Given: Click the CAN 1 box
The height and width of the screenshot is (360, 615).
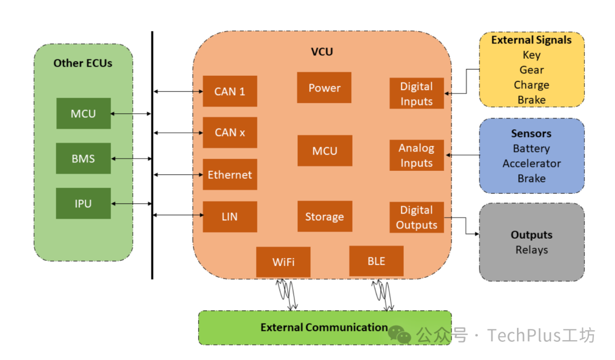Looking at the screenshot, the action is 230,91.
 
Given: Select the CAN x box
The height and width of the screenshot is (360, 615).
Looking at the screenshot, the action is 230,133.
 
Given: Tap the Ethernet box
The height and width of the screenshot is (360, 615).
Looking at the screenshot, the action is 230,174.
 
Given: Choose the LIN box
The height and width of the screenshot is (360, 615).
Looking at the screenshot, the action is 230,216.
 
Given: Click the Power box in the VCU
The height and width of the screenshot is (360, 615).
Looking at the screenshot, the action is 324,88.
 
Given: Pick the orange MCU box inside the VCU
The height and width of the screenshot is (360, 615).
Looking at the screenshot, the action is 325,150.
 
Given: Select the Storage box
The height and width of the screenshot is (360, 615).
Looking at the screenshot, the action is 325,216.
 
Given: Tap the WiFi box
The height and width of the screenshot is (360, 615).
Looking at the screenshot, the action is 283,262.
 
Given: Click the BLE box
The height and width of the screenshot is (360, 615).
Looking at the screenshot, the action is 376,261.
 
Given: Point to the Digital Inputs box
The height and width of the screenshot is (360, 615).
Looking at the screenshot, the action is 416,93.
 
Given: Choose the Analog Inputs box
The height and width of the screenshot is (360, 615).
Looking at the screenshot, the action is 416,156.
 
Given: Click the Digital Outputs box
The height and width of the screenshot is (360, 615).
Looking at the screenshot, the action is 416,217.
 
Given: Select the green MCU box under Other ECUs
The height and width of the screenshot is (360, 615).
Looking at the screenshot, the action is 84,113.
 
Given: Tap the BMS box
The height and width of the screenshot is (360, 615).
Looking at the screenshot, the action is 83,158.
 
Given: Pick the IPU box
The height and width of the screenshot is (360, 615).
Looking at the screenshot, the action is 83,203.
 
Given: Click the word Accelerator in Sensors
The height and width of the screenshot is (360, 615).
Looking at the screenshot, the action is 531,163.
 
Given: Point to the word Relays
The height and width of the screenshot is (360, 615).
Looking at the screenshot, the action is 531,250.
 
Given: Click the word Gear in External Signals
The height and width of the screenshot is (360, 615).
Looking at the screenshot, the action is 531,70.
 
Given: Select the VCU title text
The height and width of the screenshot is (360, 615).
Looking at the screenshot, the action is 322,52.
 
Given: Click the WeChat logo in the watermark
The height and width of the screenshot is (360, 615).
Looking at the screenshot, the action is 399,334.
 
